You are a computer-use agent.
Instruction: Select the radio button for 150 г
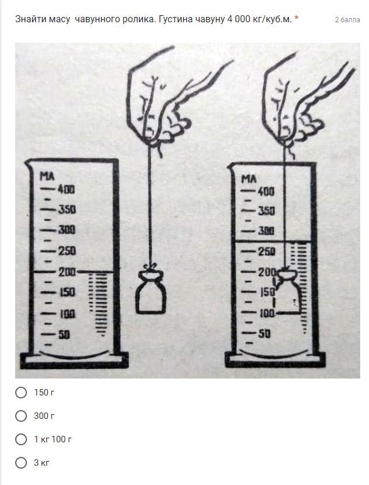tap(21, 393)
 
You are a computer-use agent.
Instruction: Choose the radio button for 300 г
tap(21, 416)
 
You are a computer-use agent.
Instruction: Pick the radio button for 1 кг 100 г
tap(21, 439)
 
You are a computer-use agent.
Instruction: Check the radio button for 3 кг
tap(21, 463)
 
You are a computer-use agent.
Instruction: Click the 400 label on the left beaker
tap(66, 190)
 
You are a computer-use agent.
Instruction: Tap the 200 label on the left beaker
tap(67, 272)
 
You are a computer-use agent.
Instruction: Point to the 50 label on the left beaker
tap(64, 335)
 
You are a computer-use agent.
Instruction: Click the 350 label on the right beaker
tap(266, 211)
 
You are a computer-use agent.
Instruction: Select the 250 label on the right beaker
tap(267, 252)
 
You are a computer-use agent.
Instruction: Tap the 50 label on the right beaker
tap(264, 333)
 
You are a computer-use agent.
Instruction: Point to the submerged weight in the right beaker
tap(288, 292)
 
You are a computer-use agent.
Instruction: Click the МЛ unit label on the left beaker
tap(47, 176)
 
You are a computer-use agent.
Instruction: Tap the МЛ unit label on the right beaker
tap(249, 179)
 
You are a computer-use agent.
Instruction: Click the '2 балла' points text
tap(347, 20)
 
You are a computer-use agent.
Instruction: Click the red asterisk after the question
tap(296, 18)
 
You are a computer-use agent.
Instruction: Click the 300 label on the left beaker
tap(67, 230)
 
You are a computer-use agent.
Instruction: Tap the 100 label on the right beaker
tap(267, 314)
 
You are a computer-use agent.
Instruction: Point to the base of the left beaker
tap(74, 360)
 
